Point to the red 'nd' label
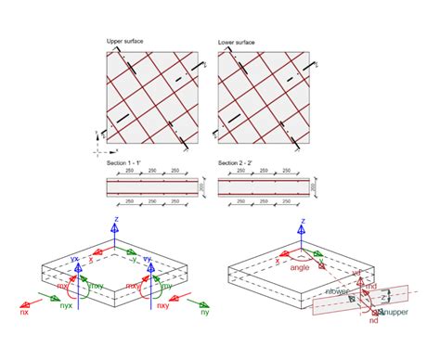[x=373, y=320]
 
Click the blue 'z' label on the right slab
[x=382, y=296]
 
